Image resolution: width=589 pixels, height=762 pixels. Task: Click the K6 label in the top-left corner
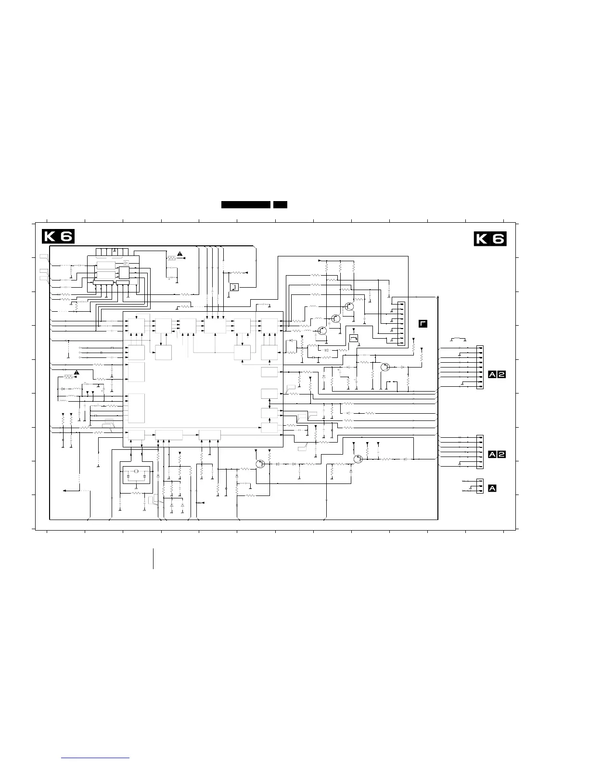point(58,236)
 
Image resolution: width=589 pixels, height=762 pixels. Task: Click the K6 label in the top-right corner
point(490,239)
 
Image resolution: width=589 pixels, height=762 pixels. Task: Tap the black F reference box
point(423,324)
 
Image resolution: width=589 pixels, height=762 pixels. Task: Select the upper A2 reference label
point(497,375)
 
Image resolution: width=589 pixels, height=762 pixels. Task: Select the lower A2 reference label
point(497,455)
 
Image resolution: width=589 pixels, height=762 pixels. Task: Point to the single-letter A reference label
point(492,488)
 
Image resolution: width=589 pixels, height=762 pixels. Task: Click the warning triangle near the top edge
point(180,254)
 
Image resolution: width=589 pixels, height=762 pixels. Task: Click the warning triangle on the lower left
point(77,372)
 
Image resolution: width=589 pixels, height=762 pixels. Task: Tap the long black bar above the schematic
point(245,205)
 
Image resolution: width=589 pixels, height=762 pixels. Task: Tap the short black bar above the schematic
point(280,205)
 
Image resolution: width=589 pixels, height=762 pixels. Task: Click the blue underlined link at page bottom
point(95,758)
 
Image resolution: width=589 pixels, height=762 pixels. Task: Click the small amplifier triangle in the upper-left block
point(126,263)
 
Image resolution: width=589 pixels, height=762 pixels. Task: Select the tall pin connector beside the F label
point(401,324)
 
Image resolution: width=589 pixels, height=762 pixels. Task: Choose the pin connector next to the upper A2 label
point(480,367)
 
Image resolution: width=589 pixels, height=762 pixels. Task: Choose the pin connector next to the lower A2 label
point(480,452)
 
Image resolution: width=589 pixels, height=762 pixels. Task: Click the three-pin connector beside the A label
point(480,486)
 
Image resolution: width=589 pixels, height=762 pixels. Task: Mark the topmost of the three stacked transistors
point(349,306)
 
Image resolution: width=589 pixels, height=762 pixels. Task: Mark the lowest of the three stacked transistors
point(322,330)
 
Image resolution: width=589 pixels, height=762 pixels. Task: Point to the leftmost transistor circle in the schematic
point(260,464)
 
